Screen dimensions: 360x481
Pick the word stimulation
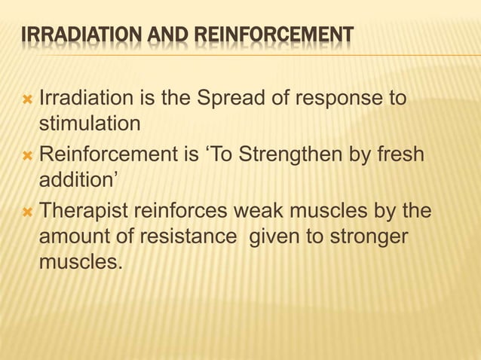pos(90,122)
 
